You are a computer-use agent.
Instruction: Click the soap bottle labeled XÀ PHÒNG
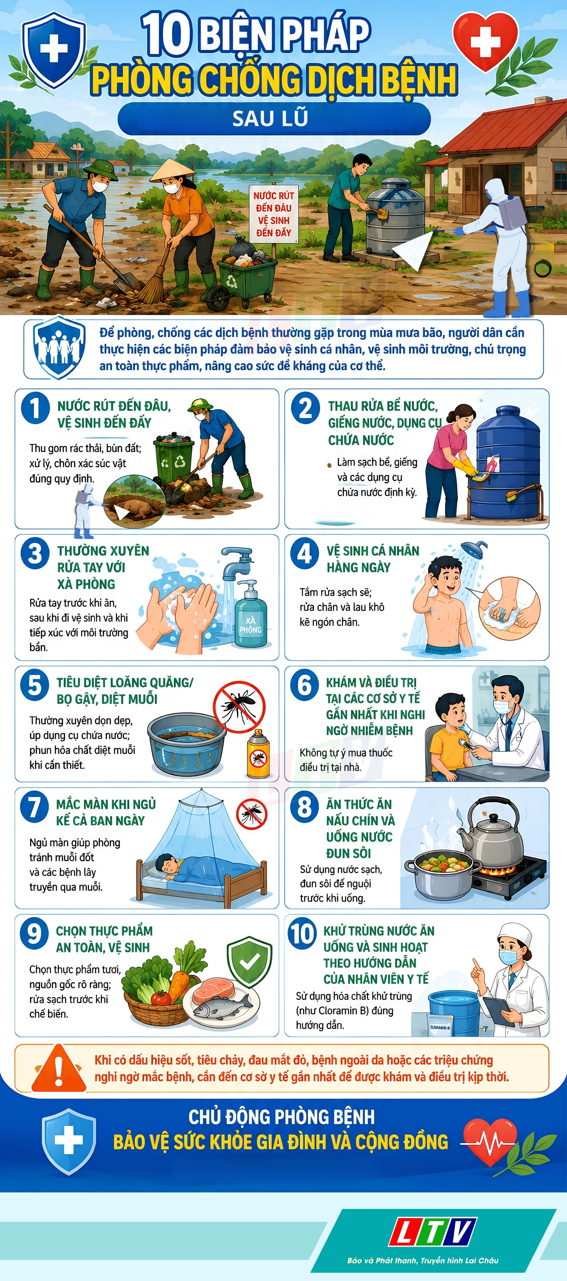[250, 615]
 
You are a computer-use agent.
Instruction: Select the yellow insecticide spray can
[258, 754]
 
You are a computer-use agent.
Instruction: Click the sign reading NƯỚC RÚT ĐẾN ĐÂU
[273, 214]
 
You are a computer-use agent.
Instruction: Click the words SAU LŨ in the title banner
[271, 118]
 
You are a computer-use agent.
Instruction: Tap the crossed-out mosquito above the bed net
[252, 814]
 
